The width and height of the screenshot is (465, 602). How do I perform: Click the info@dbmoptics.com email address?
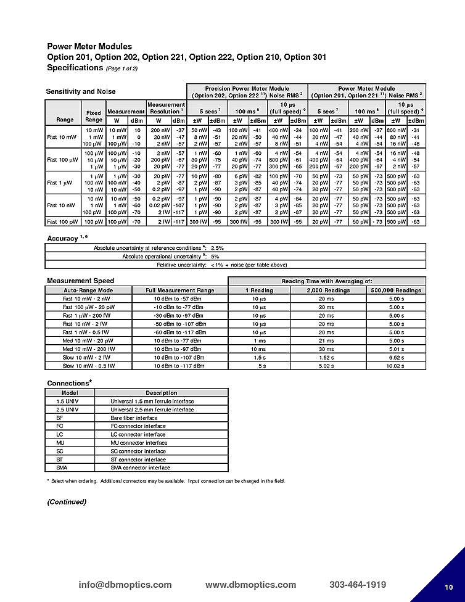125,585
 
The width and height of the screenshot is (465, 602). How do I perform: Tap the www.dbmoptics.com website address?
250,585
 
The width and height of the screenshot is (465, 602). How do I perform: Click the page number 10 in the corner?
448,587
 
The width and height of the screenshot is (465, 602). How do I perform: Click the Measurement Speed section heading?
80,281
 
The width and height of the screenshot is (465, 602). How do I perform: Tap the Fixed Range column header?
94,116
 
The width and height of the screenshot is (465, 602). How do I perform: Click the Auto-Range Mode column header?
88,290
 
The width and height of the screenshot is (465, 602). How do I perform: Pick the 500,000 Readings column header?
395,290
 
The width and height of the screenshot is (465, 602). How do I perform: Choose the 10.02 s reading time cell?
395,366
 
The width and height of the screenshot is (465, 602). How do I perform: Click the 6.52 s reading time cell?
395,357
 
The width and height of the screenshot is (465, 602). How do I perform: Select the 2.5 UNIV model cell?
68,410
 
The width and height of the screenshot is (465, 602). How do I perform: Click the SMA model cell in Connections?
60,468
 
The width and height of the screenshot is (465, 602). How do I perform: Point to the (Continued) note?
67,501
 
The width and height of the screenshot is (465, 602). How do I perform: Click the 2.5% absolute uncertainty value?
217,247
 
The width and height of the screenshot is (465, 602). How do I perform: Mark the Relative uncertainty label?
182,265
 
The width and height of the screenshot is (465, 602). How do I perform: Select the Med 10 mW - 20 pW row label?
88,340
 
